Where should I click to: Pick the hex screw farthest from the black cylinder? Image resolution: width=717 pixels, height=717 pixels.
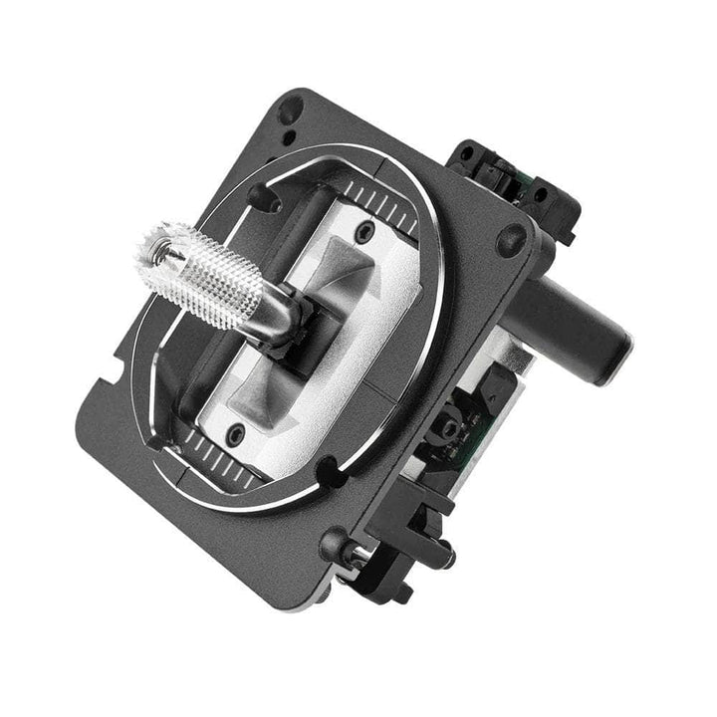tap(236, 432)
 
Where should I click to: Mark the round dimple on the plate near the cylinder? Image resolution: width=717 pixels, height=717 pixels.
tap(513, 237)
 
